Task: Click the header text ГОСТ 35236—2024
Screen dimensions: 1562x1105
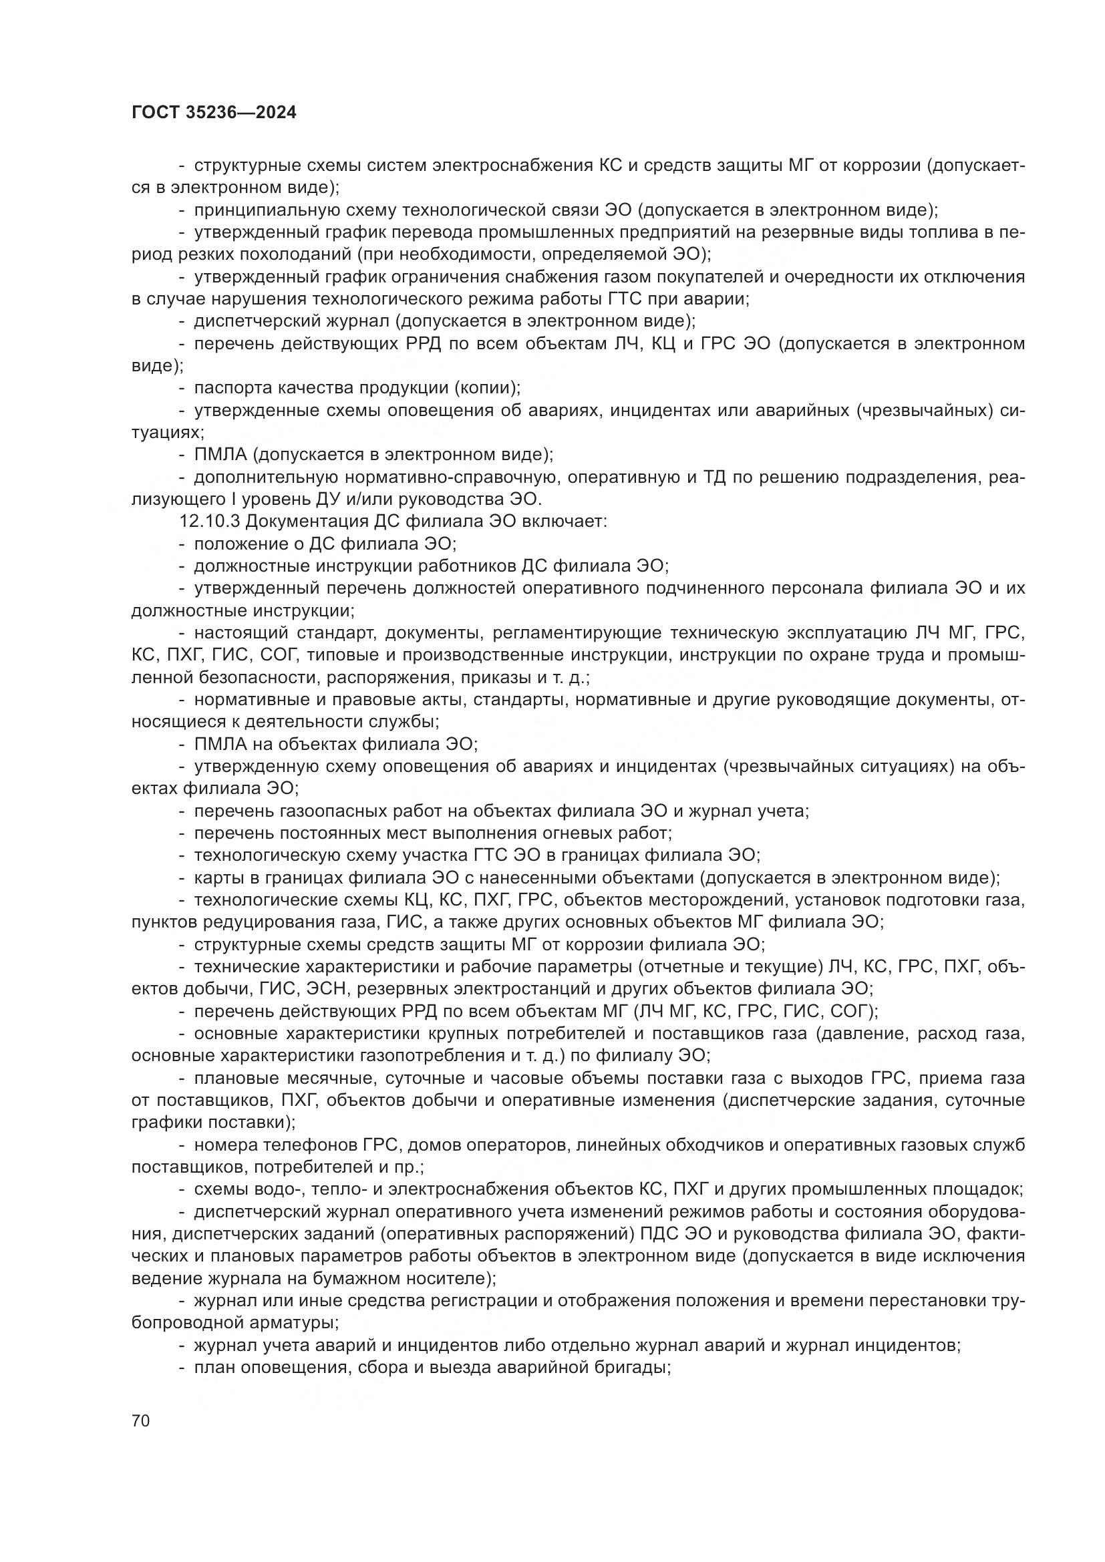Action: pos(214,113)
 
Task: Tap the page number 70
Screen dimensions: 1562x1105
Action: pos(141,1421)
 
